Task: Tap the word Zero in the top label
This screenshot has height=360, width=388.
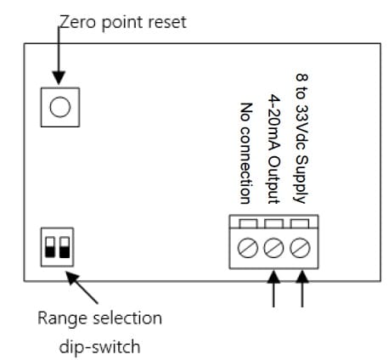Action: [77, 22]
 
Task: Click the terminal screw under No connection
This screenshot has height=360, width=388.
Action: [248, 248]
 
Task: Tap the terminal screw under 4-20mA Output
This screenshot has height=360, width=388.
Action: [273, 248]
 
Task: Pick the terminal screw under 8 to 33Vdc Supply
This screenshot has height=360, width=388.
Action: [300, 248]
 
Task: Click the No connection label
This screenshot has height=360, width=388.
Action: [245, 153]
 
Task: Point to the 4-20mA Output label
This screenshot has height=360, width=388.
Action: [273, 149]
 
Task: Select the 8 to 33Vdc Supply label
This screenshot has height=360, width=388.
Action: [301, 138]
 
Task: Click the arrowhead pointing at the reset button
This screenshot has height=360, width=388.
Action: [59, 78]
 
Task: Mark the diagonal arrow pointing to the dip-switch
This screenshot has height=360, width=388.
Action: [82, 288]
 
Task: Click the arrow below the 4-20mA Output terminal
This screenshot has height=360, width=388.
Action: [273, 289]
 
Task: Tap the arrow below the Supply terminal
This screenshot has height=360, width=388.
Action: [302, 289]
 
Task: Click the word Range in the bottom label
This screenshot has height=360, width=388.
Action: [63, 318]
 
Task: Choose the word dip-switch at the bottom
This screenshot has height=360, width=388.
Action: [99, 346]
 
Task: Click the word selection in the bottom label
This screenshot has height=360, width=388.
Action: [127, 318]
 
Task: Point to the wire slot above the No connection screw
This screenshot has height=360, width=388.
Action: [248, 223]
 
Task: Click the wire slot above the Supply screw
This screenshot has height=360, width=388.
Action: [300, 223]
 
